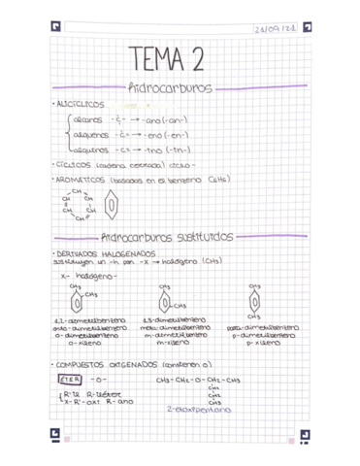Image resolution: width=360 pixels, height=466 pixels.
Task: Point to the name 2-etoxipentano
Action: [x=198, y=411]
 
